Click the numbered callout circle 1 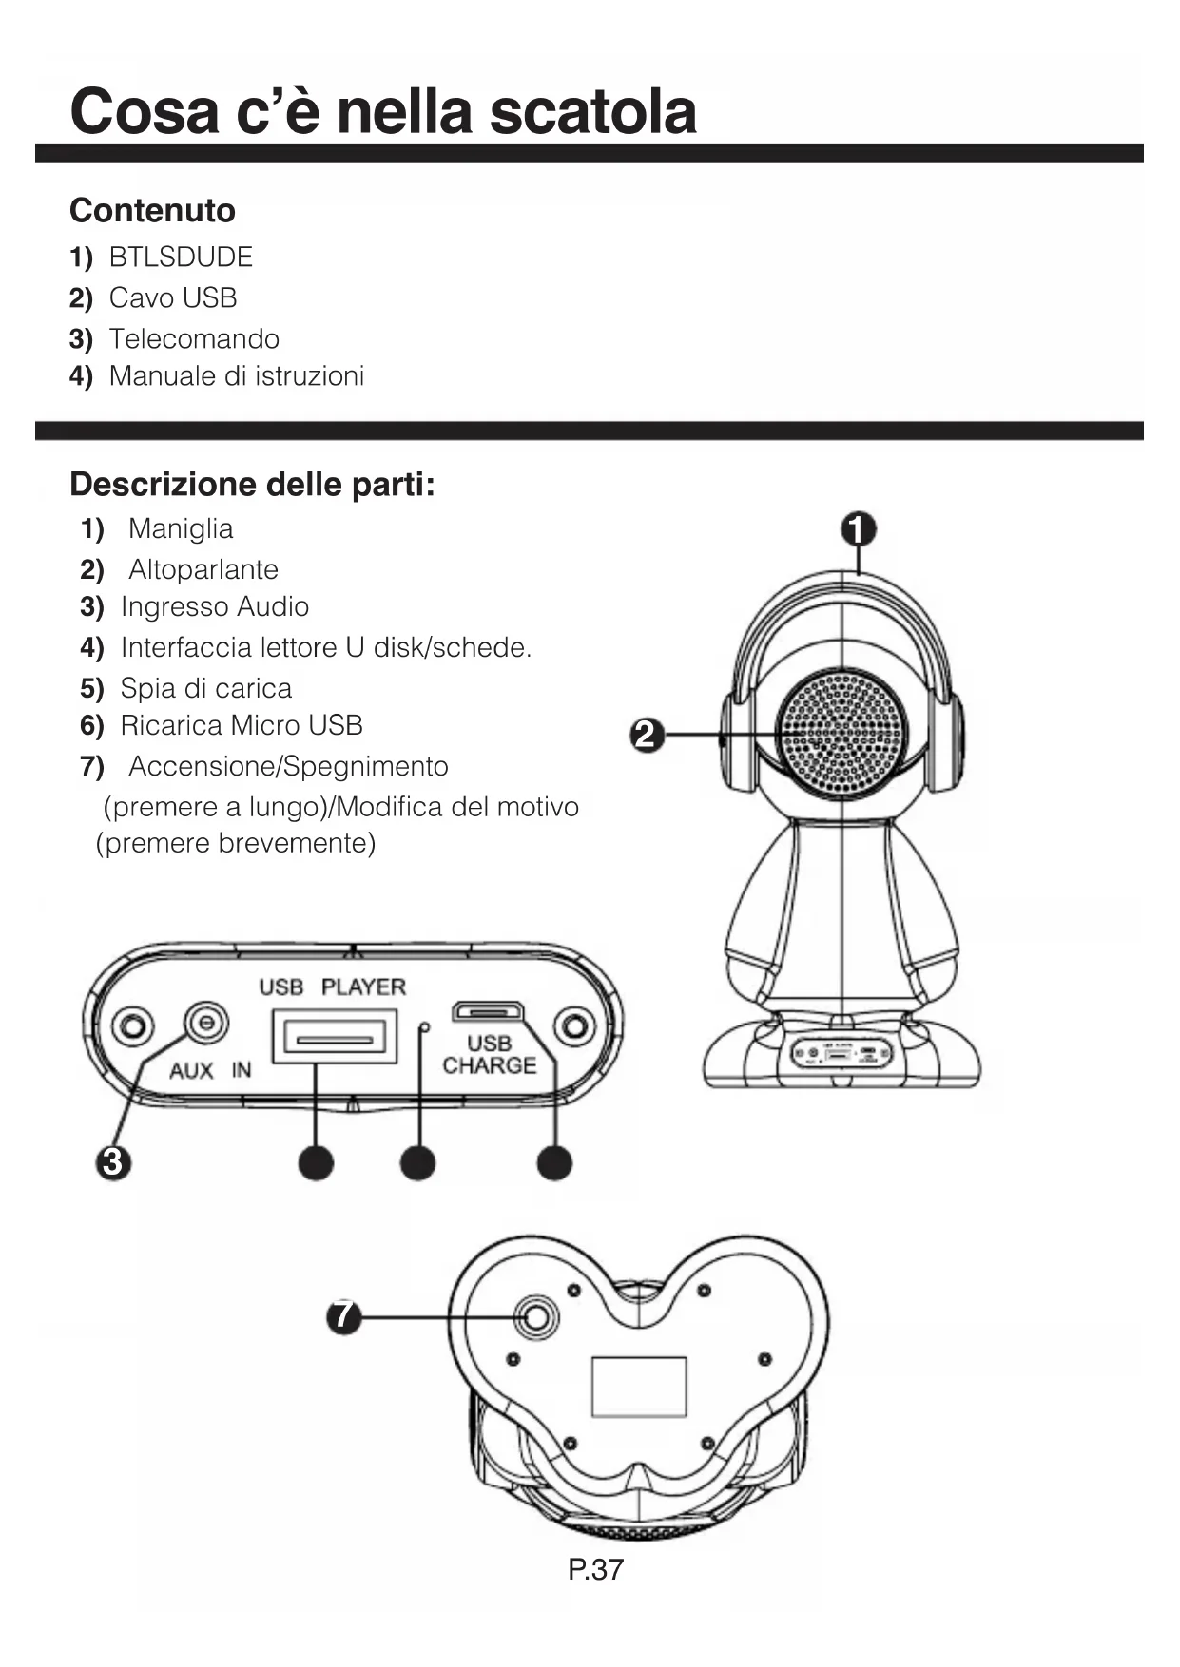point(859,529)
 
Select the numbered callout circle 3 point(112,1161)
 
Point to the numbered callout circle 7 point(344,1316)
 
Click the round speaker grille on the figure point(842,733)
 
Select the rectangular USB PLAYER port point(334,1037)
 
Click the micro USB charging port point(486,1010)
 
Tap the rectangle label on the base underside point(639,1387)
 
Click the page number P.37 point(595,1569)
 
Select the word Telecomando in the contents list point(194,339)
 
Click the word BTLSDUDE point(181,258)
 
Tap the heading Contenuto point(152,210)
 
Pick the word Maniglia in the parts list point(181,528)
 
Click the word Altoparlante point(203,569)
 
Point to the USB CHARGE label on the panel point(489,1055)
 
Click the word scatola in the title point(592,111)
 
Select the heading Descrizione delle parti point(252,485)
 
